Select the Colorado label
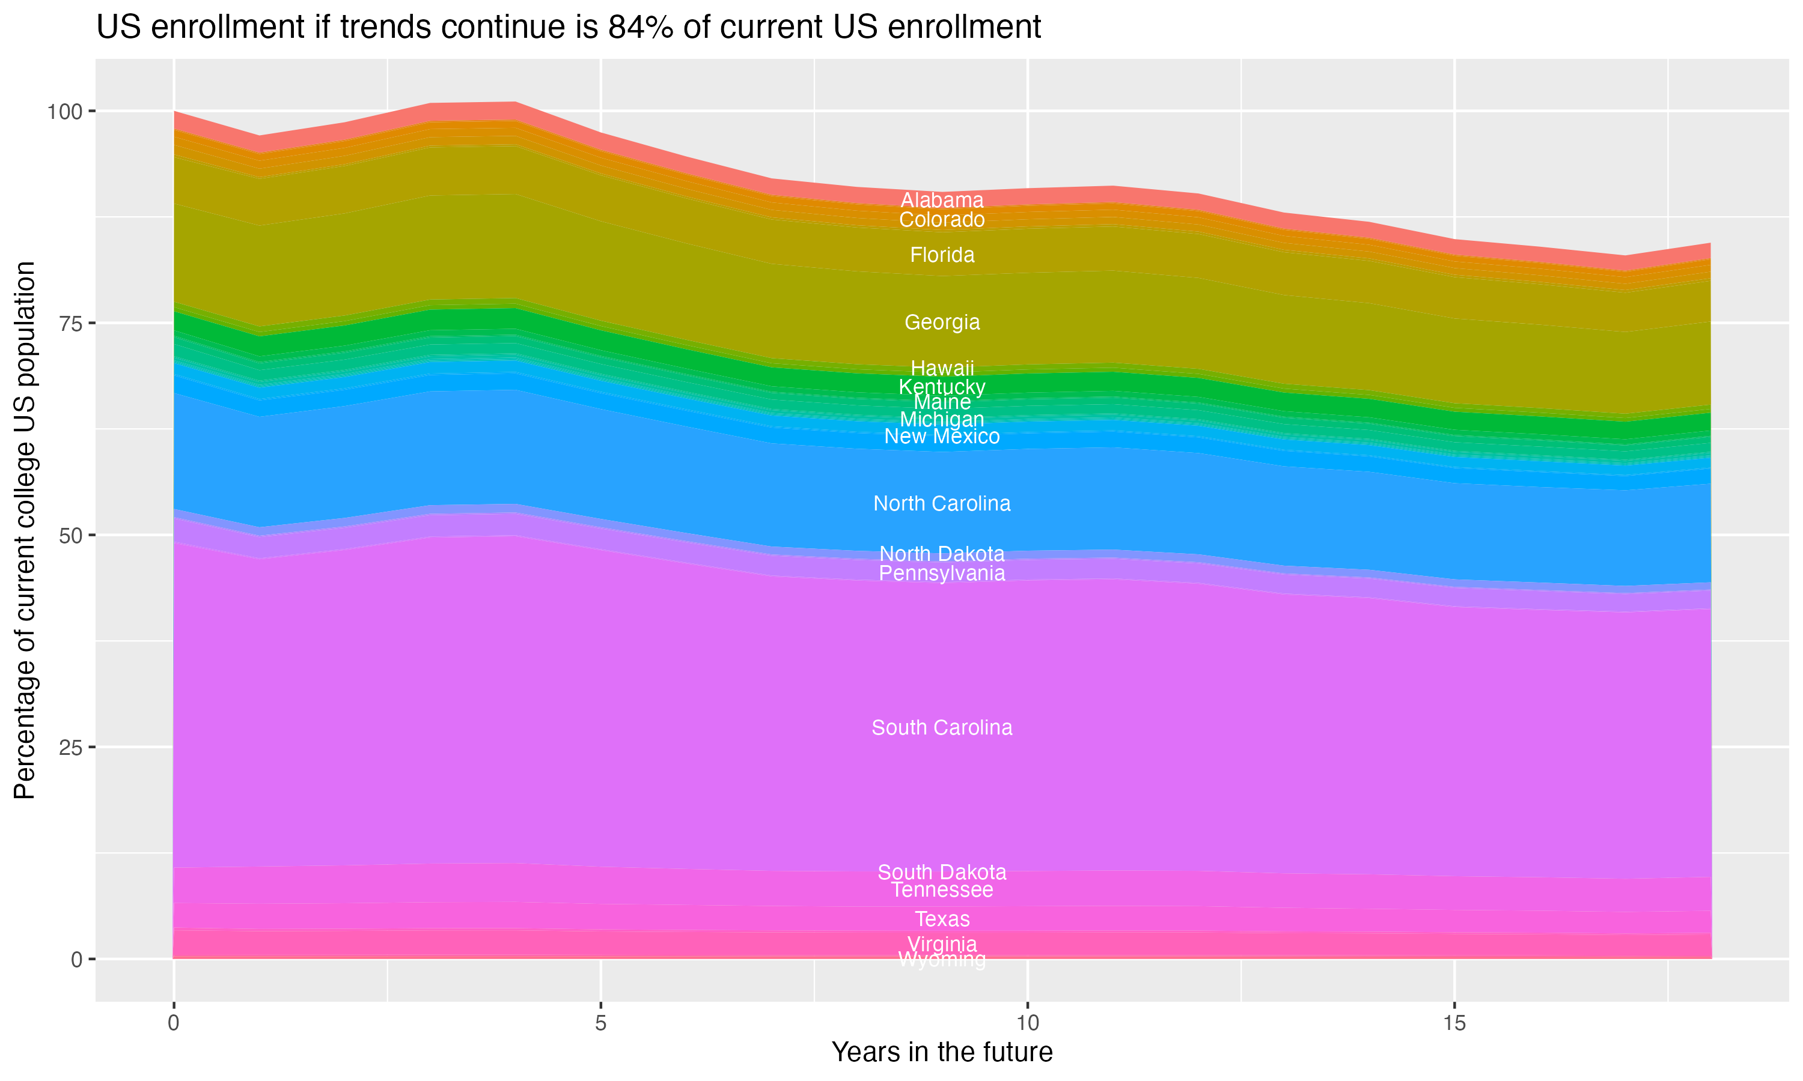tap(942, 220)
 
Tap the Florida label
tap(942, 255)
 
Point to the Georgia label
tap(942, 322)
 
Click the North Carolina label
tap(942, 503)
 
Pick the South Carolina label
tap(942, 728)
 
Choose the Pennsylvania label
tap(942, 574)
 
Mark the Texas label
tap(942, 919)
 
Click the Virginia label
tap(942, 944)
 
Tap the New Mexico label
tap(942, 437)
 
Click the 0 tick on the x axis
tap(174, 1023)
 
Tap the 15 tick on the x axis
tap(1454, 1023)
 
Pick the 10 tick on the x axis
tap(1027, 1023)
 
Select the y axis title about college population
tap(25, 530)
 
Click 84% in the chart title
tap(640, 28)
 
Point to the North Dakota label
tap(942, 554)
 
